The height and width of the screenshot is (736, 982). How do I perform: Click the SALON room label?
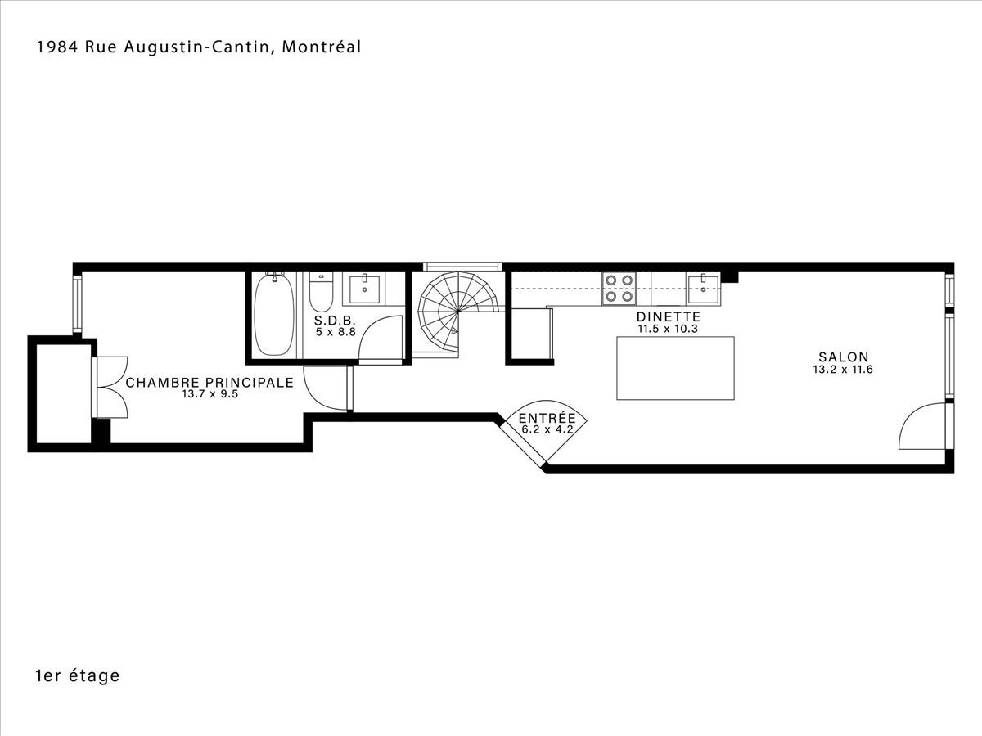click(x=844, y=357)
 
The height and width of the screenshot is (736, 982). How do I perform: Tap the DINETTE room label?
click(x=669, y=316)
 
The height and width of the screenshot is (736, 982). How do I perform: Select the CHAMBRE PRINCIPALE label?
click(x=209, y=383)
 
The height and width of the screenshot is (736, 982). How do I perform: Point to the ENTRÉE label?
click(x=547, y=418)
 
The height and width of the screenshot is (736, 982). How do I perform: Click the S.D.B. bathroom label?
click(x=335, y=321)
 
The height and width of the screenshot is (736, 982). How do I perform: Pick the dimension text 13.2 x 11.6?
click(x=843, y=370)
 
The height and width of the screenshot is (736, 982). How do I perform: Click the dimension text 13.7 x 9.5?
click(x=209, y=394)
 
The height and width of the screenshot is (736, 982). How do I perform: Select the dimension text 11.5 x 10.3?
click(x=668, y=329)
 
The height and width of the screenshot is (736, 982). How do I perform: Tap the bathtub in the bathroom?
click(x=274, y=314)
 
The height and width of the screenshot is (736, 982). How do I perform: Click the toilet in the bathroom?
click(x=322, y=292)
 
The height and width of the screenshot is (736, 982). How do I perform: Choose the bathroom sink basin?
click(x=365, y=290)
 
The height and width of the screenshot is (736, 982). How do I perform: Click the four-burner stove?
click(x=619, y=289)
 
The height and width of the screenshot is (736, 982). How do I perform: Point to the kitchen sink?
click(x=703, y=289)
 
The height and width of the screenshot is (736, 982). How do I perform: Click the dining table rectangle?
click(x=676, y=368)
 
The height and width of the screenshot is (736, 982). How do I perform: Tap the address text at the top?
click(x=199, y=47)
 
